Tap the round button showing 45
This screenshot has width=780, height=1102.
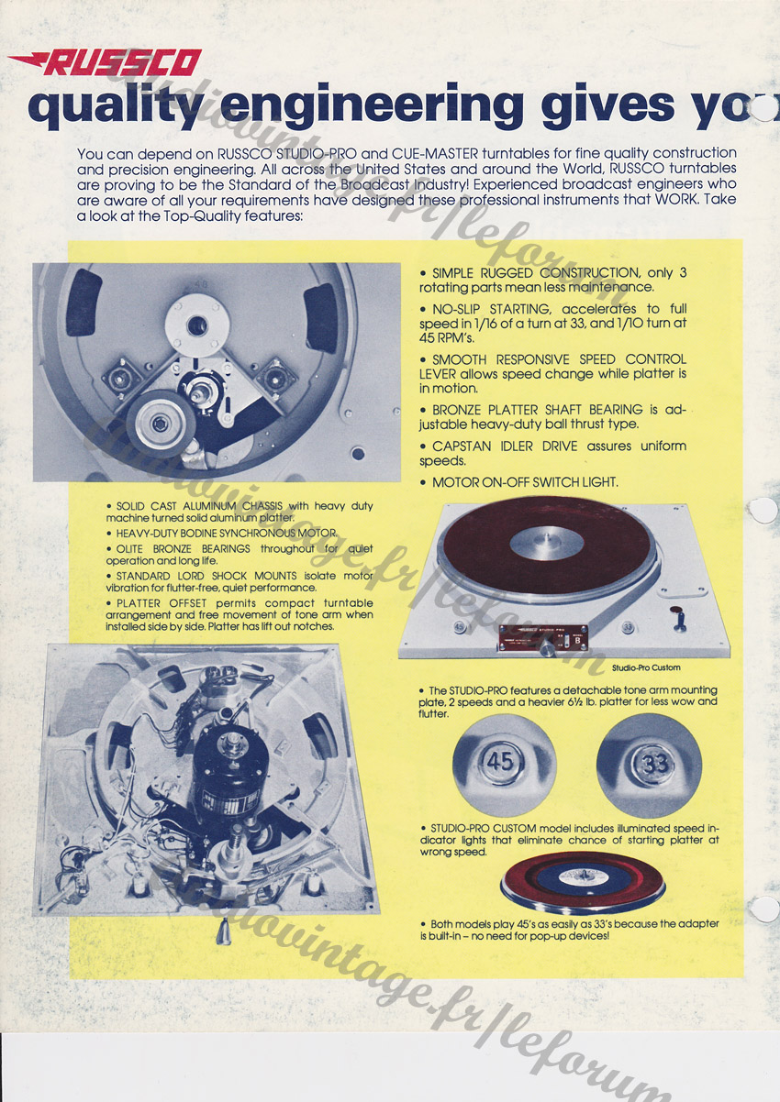tap(501, 763)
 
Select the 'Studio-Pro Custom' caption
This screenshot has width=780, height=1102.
tap(646, 667)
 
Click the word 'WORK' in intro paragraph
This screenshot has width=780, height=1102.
tap(674, 200)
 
